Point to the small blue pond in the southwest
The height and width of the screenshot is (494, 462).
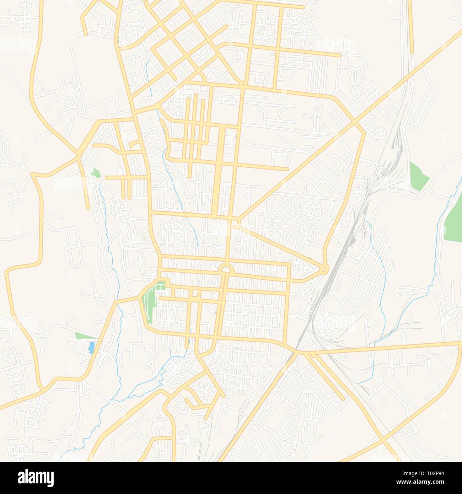coord(91,347)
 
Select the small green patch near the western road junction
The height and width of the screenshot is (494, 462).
coord(95,173)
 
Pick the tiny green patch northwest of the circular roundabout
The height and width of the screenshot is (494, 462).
coord(310,258)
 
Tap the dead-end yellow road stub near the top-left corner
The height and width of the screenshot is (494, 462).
coord(86,34)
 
